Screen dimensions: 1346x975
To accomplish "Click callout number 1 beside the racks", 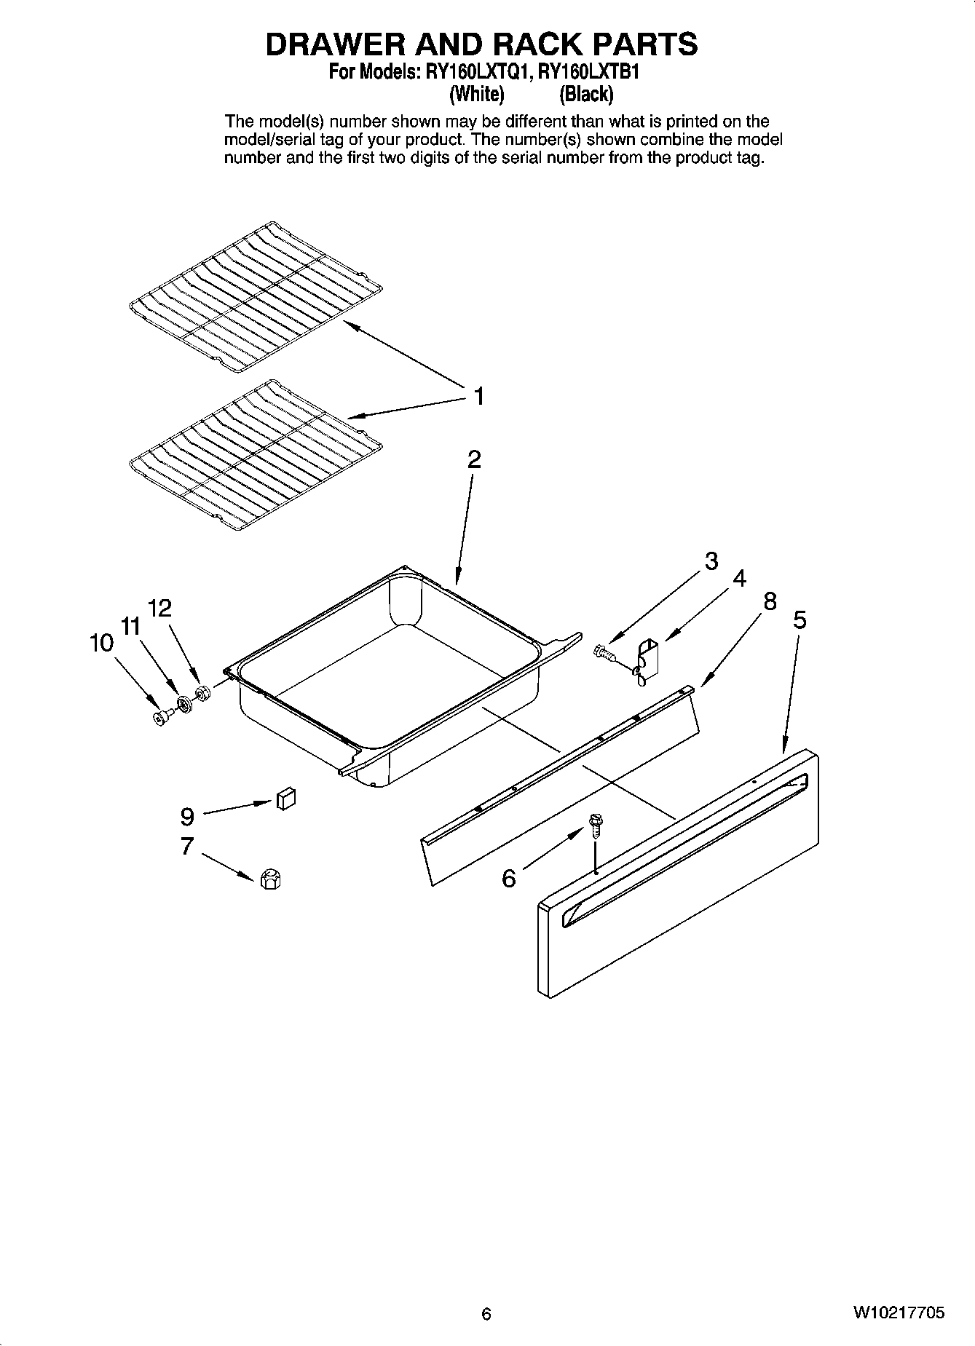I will pos(478,397).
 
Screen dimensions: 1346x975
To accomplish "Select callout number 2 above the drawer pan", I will pos(474,459).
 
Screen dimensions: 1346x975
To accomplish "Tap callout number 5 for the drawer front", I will pos(800,619).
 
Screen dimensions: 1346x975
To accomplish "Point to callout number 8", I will pos(769,601).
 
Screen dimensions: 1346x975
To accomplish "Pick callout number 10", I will pos(101,643).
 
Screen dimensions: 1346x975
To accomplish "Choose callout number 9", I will pos(187,817).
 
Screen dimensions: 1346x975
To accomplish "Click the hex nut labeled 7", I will pos(269,879).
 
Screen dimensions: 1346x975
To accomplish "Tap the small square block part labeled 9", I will pos(285,799).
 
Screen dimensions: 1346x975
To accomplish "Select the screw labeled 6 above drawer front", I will pos(595,826).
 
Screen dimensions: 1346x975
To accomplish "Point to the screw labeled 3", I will pos(603,652).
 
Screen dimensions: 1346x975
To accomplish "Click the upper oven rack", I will pos(255,297).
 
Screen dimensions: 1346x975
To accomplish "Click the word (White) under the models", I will pos(477,94).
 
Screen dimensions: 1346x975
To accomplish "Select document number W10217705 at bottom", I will pos(899,1313).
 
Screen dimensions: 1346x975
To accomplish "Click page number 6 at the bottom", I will pos(486,1314).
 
